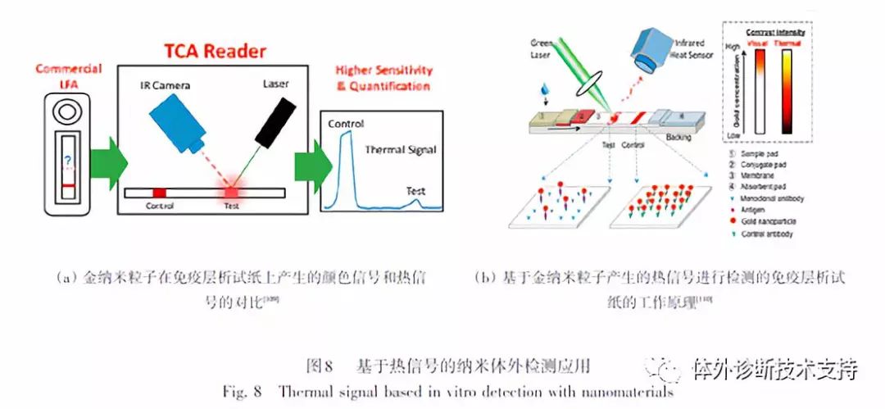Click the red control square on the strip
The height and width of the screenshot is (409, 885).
(x=159, y=193)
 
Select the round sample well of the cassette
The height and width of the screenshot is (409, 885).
(x=69, y=108)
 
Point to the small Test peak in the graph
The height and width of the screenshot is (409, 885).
(x=416, y=201)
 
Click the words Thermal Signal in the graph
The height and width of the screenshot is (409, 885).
(x=401, y=150)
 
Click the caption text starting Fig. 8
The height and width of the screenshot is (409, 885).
(x=447, y=392)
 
